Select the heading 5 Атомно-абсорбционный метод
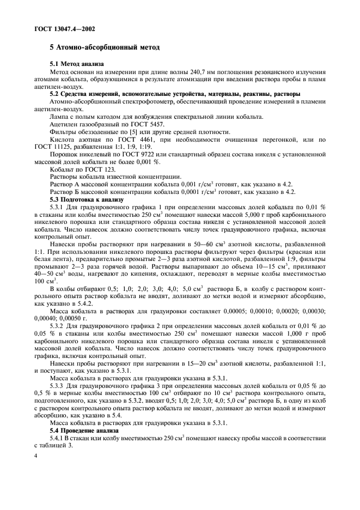(105, 48)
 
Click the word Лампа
(59, 117)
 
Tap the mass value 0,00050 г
(68, 318)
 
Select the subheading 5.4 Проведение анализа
(84, 430)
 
